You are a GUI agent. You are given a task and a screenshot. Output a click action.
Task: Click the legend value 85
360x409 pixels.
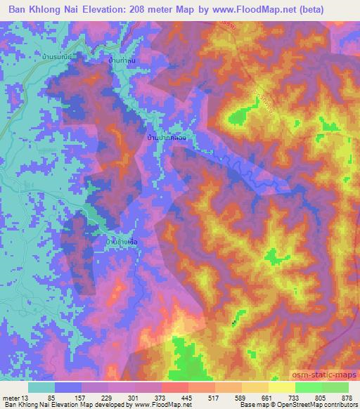(51, 397)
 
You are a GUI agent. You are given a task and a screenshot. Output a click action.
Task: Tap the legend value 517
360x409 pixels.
(212, 397)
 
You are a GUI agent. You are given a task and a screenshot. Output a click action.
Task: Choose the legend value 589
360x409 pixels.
(239, 397)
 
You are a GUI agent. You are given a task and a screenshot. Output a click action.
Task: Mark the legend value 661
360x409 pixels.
(266, 397)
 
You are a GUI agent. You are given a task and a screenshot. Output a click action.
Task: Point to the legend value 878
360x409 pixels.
(346, 397)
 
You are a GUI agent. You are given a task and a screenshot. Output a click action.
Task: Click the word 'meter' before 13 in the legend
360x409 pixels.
(12, 397)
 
